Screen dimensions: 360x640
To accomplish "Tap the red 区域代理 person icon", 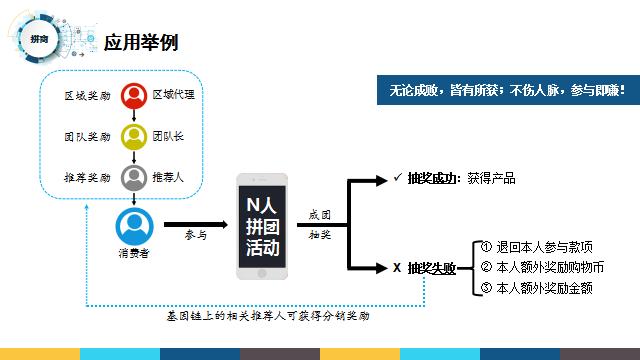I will (x=133, y=96).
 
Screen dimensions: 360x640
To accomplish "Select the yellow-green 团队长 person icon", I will (x=133, y=136).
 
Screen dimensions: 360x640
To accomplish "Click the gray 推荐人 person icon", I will (x=133, y=178).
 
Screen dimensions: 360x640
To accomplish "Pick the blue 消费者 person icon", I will (x=133, y=225).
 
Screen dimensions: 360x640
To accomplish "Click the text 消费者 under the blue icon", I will (x=133, y=253).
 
